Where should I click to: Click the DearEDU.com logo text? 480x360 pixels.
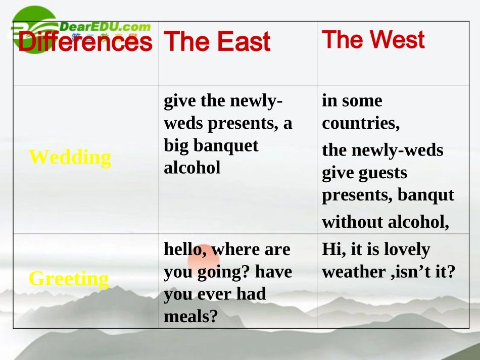105,27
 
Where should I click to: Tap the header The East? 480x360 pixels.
217,41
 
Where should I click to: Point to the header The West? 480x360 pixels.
373,39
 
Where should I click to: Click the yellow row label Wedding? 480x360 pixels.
70,157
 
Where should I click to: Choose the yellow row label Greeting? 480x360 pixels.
69,278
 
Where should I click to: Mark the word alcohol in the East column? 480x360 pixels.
192,168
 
